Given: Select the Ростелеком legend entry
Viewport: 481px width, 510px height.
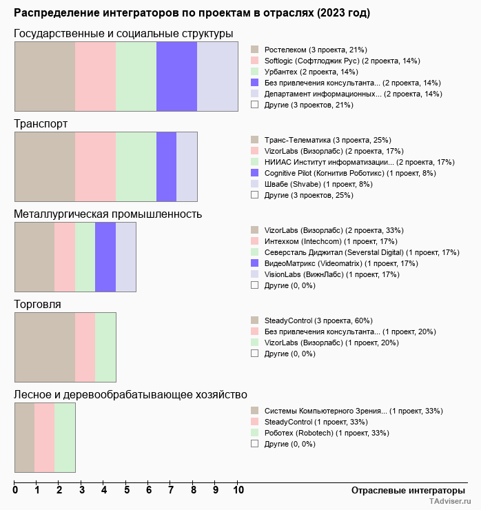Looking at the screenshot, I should [315, 50].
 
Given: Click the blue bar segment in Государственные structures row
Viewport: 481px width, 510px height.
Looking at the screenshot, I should [176, 76].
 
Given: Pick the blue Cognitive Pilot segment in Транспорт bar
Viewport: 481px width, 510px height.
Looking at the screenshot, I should [166, 167].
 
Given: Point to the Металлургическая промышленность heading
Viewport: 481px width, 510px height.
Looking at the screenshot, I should [108, 214].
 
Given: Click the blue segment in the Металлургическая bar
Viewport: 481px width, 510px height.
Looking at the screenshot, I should [105, 257].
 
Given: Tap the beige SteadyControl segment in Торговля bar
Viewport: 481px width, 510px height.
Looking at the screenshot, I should [45, 347].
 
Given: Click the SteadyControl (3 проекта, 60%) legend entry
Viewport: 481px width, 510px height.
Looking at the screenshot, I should [318, 320].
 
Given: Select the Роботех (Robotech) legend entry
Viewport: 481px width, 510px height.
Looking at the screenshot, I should [326, 433].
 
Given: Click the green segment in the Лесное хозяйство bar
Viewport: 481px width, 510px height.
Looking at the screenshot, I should [65, 438].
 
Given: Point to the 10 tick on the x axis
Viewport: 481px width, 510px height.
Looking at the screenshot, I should [238, 491].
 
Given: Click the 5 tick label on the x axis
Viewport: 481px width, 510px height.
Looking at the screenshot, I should [127, 491].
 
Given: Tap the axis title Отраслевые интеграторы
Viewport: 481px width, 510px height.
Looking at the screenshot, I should [404, 490].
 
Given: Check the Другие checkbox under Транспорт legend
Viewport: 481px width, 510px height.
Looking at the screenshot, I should [255, 195].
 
